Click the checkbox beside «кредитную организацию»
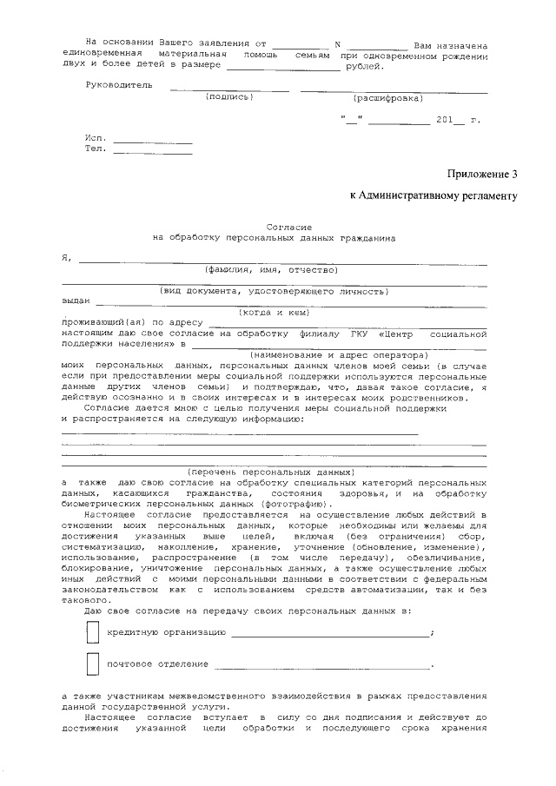[x=92, y=632]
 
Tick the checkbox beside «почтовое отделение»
[x=92, y=664]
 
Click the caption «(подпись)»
[x=228, y=96]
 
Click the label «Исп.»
[x=96, y=138]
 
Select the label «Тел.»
[x=96, y=149]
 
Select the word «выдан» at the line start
[x=76, y=301]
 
